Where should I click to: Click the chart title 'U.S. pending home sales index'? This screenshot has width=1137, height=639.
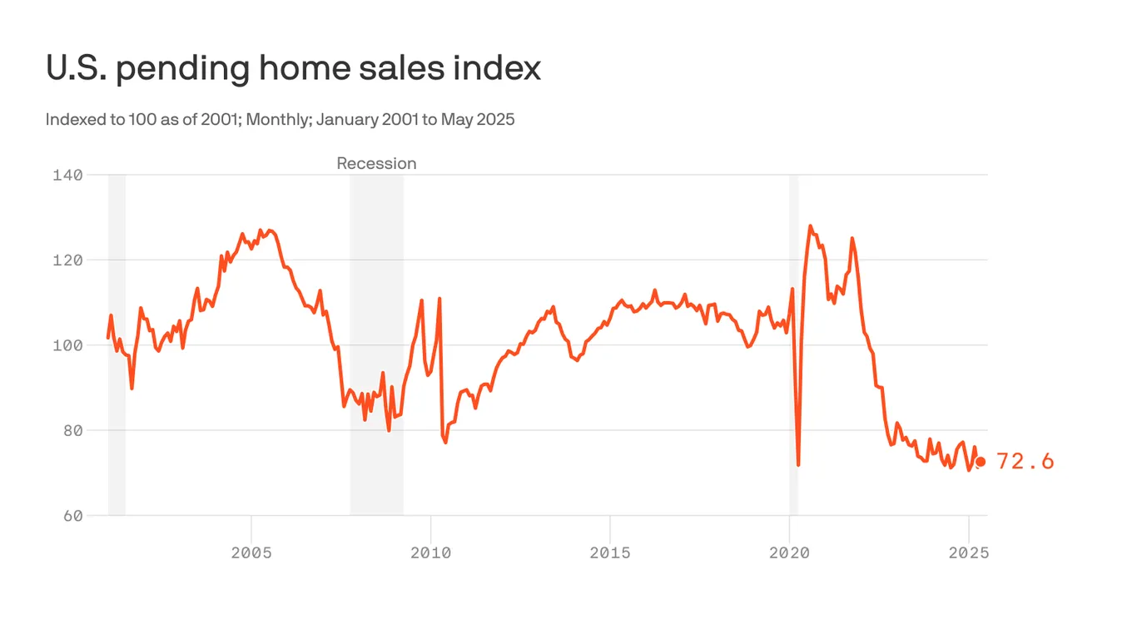[x=293, y=68]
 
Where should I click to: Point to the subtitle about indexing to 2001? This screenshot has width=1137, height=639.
[x=280, y=119]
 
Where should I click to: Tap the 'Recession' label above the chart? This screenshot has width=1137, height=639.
[x=376, y=163]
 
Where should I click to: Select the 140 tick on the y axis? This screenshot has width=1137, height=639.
[x=67, y=175]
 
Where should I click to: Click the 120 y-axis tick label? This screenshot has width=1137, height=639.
[x=67, y=260]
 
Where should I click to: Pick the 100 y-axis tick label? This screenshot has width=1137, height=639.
[x=67, y=345]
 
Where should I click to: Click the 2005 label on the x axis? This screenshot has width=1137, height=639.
[x=251, y=552]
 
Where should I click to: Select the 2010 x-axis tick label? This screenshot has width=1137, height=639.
[x=431, y=552]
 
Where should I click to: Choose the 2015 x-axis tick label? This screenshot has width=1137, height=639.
[x=610, y=552]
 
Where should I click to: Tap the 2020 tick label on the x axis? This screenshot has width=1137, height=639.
[x=789, y=552]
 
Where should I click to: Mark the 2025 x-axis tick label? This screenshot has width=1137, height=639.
[x=968, y=552]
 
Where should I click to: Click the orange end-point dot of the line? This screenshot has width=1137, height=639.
[x=981, y=462]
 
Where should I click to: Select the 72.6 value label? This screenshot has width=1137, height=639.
[x=1025, y=462]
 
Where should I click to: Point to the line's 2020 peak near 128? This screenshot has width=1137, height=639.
[x=810, y=225]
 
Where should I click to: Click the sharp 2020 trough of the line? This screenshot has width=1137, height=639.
[x=798, y=464]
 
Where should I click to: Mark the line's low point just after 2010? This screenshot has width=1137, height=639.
[x=445, y=442]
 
